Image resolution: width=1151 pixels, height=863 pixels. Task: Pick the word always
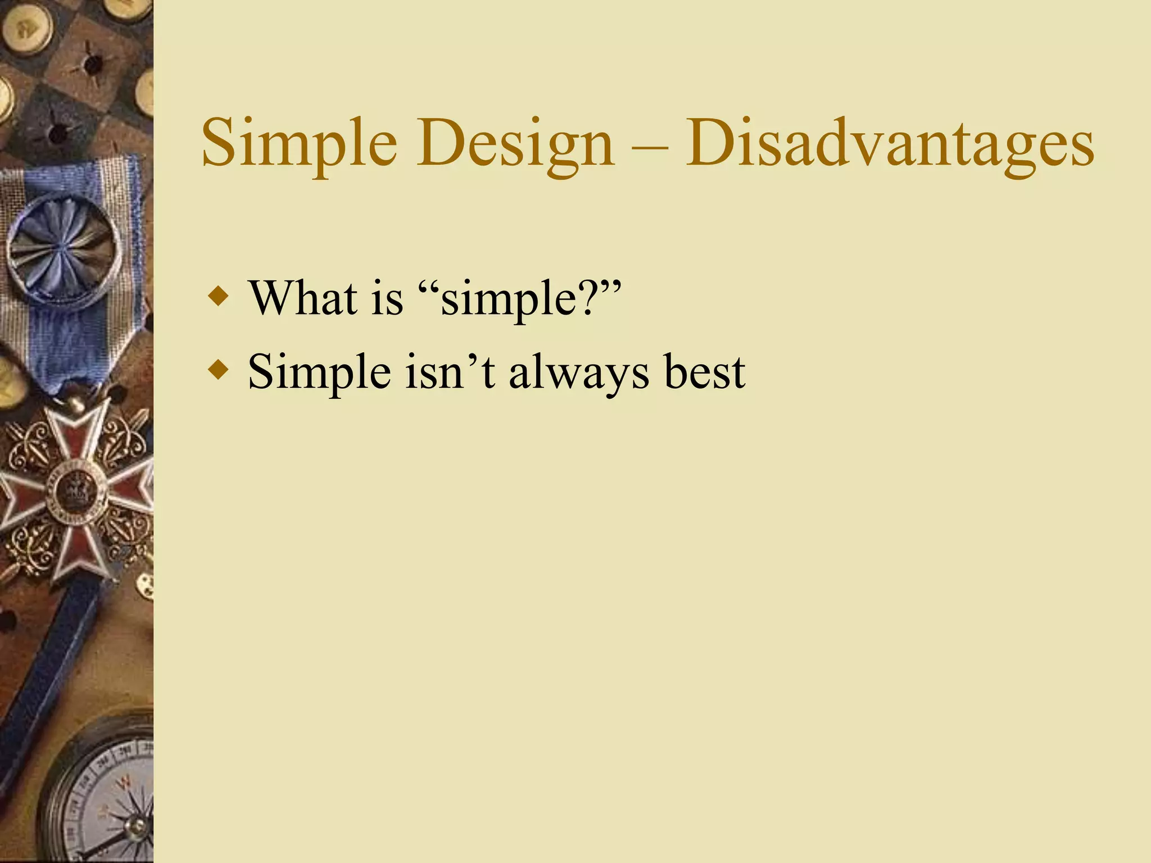coord(579,373)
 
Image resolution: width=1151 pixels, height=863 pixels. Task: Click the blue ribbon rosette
coord(62,247)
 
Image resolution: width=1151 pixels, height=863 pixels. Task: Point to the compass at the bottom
coord(104,798)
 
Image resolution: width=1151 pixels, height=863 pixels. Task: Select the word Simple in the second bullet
coord(319,372)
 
